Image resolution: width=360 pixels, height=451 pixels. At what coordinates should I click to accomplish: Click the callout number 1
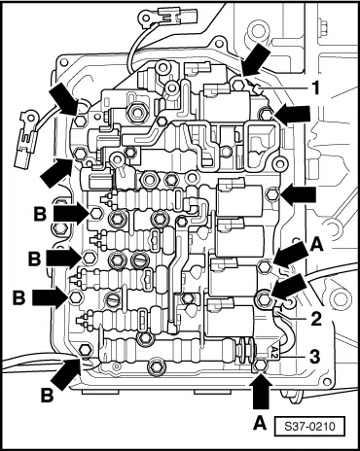point(314,87)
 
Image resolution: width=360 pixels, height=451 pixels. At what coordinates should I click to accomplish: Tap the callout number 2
point(315,318)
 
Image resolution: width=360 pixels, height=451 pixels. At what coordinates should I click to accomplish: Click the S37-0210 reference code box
point(309,426)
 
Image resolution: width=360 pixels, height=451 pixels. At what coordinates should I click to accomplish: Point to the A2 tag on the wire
point(274,350)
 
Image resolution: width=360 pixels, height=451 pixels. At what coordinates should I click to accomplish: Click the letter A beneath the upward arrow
point(260,423)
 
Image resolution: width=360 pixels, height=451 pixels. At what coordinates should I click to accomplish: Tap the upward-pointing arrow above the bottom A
point(262,392)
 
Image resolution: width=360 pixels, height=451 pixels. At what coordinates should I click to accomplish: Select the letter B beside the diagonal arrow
point(47,396)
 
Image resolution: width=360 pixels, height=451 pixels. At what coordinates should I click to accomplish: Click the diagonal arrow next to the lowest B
point(66,373)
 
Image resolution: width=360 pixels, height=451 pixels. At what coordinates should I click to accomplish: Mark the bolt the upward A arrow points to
point(261,364)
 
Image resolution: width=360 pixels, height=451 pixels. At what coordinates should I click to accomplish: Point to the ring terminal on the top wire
point(145,17)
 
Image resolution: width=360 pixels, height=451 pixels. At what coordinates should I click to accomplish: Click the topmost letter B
point(40,214)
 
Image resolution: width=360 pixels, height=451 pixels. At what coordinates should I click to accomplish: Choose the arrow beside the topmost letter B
point(71,213)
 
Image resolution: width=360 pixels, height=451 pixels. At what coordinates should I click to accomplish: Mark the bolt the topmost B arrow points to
point(96,213)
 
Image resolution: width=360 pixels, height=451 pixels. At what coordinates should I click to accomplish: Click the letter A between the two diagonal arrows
point(316,245)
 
